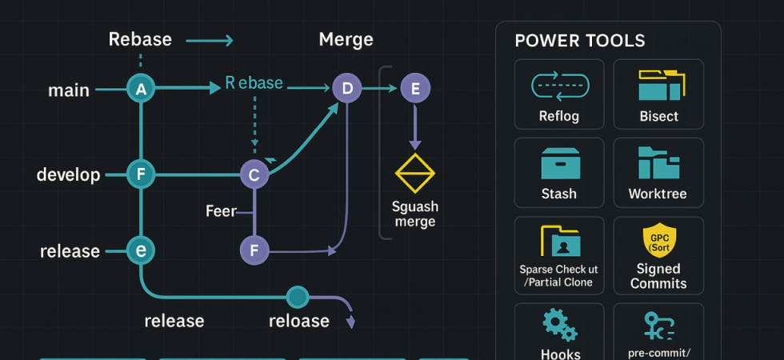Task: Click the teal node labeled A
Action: coord(141,90)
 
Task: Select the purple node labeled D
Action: coord(346,88)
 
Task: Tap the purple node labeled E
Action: coord(414,89)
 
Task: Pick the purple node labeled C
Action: coord(254,174)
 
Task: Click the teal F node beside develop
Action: coord(141,174)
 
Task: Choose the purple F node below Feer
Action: coord(254,250)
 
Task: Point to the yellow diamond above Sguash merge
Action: coord(414,173)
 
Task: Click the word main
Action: coord(69,90)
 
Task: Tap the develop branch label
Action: coord(69,174)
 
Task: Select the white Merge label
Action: coord(346,39)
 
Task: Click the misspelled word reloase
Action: coord(299,321)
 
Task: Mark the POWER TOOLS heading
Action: coord(580,41)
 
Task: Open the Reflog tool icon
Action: coord(559,86)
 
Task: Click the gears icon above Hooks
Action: coord(559,325)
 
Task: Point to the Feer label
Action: coord(221,211)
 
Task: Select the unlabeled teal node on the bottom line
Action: coord(298,298)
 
